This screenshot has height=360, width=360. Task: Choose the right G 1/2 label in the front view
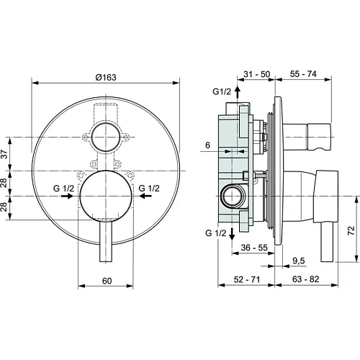[x=150, y=189]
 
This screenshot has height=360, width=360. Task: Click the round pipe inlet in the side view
[x=232, y=193]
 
